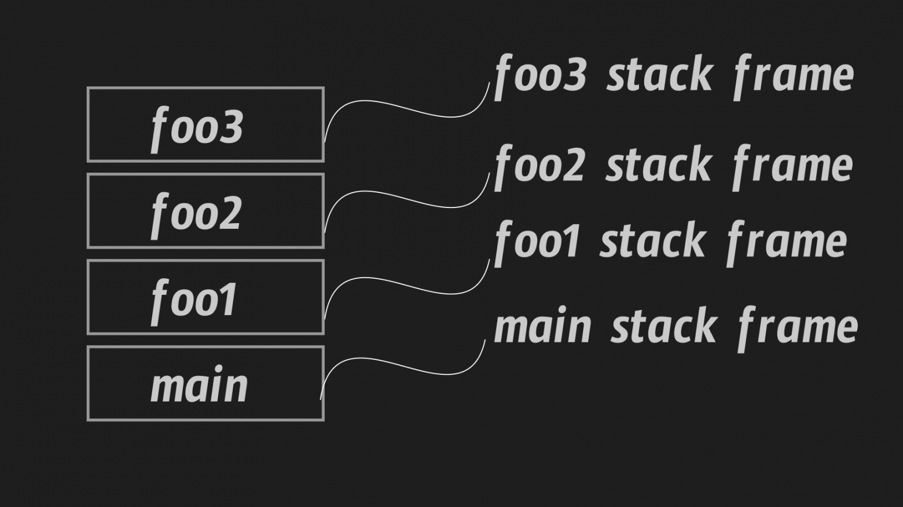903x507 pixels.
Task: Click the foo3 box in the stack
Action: click(x=205, y=125)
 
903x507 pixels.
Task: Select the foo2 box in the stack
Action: click(x=205, y=211)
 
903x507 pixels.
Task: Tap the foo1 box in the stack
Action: click(x=205, y=297)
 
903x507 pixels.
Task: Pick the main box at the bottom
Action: click(x=205, y=384)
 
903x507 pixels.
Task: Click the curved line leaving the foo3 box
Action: click(x=405, y=108)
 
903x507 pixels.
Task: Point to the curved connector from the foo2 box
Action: click(x=405, y=198)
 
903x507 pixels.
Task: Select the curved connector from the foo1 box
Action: click(x=405, y=284)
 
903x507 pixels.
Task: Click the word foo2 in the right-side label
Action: click(x=539, y=165)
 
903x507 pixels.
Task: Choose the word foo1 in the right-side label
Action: click(x=537, y=241)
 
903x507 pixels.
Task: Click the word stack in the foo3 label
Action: click(x=659, y=75)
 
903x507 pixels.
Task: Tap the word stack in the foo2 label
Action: click(x=659, y=165)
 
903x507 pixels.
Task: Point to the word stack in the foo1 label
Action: click(x=653, y=241)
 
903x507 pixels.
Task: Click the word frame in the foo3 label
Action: click(x=794, y=75)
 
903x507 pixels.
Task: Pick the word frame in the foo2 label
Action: click(x=792, y=165)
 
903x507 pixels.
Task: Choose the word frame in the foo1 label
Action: click(x=787, y=241)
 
